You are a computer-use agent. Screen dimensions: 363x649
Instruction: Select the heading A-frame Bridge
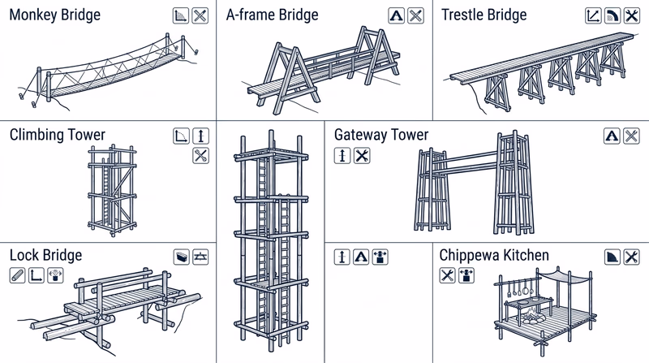272,15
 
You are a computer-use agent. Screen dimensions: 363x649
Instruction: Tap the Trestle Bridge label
484,15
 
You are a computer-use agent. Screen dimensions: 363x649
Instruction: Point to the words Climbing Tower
58,135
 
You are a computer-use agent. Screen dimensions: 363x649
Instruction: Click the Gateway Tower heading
381,135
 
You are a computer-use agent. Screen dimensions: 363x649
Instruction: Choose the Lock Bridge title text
45,256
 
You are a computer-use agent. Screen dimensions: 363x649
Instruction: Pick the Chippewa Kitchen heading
494,256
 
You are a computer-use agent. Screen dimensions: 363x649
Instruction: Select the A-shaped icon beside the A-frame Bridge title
396,15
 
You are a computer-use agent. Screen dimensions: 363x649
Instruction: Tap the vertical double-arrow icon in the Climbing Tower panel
201,136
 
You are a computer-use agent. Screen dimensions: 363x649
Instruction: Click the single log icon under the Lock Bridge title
17,276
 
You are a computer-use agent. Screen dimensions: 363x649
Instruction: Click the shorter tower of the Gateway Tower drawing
430,191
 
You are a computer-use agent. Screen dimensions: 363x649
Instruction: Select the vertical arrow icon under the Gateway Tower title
342,156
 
